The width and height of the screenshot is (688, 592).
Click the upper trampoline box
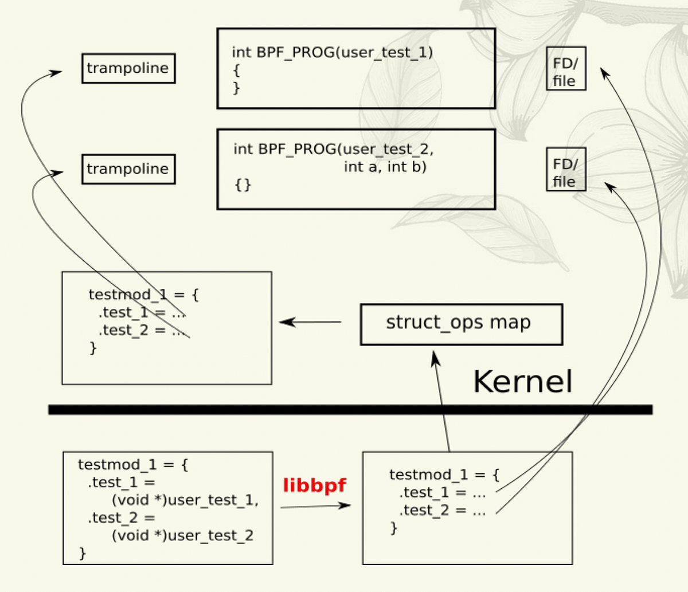[x=128, y=68]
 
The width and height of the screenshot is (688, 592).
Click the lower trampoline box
[x=128, y=169]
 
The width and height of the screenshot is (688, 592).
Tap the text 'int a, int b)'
[x=385, y=167]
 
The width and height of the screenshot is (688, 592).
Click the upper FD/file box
[x=565, y=69]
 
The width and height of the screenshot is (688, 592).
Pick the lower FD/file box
[x=565, y=169]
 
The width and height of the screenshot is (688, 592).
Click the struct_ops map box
[x=460, y=324]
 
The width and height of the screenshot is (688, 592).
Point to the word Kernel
[x=522, y=381]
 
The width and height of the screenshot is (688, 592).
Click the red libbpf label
[x=314, y=486]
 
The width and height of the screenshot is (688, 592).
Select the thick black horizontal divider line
[x=350, y=409]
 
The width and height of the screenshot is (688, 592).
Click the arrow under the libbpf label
[x=315, y=506]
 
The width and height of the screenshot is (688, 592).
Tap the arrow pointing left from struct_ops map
[x=310, y=322]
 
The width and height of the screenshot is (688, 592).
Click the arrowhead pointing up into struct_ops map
[x=435, y=359]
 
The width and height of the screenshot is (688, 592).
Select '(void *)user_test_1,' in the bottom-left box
[x=185, y=500]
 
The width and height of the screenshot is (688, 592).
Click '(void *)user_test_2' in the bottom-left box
[x=182, y=535]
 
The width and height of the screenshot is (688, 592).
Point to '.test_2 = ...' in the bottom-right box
[x=442, y=510]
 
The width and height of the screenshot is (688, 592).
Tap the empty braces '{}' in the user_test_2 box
[x=243, y=185]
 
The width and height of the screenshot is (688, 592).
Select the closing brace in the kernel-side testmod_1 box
[x=93, y=348]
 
